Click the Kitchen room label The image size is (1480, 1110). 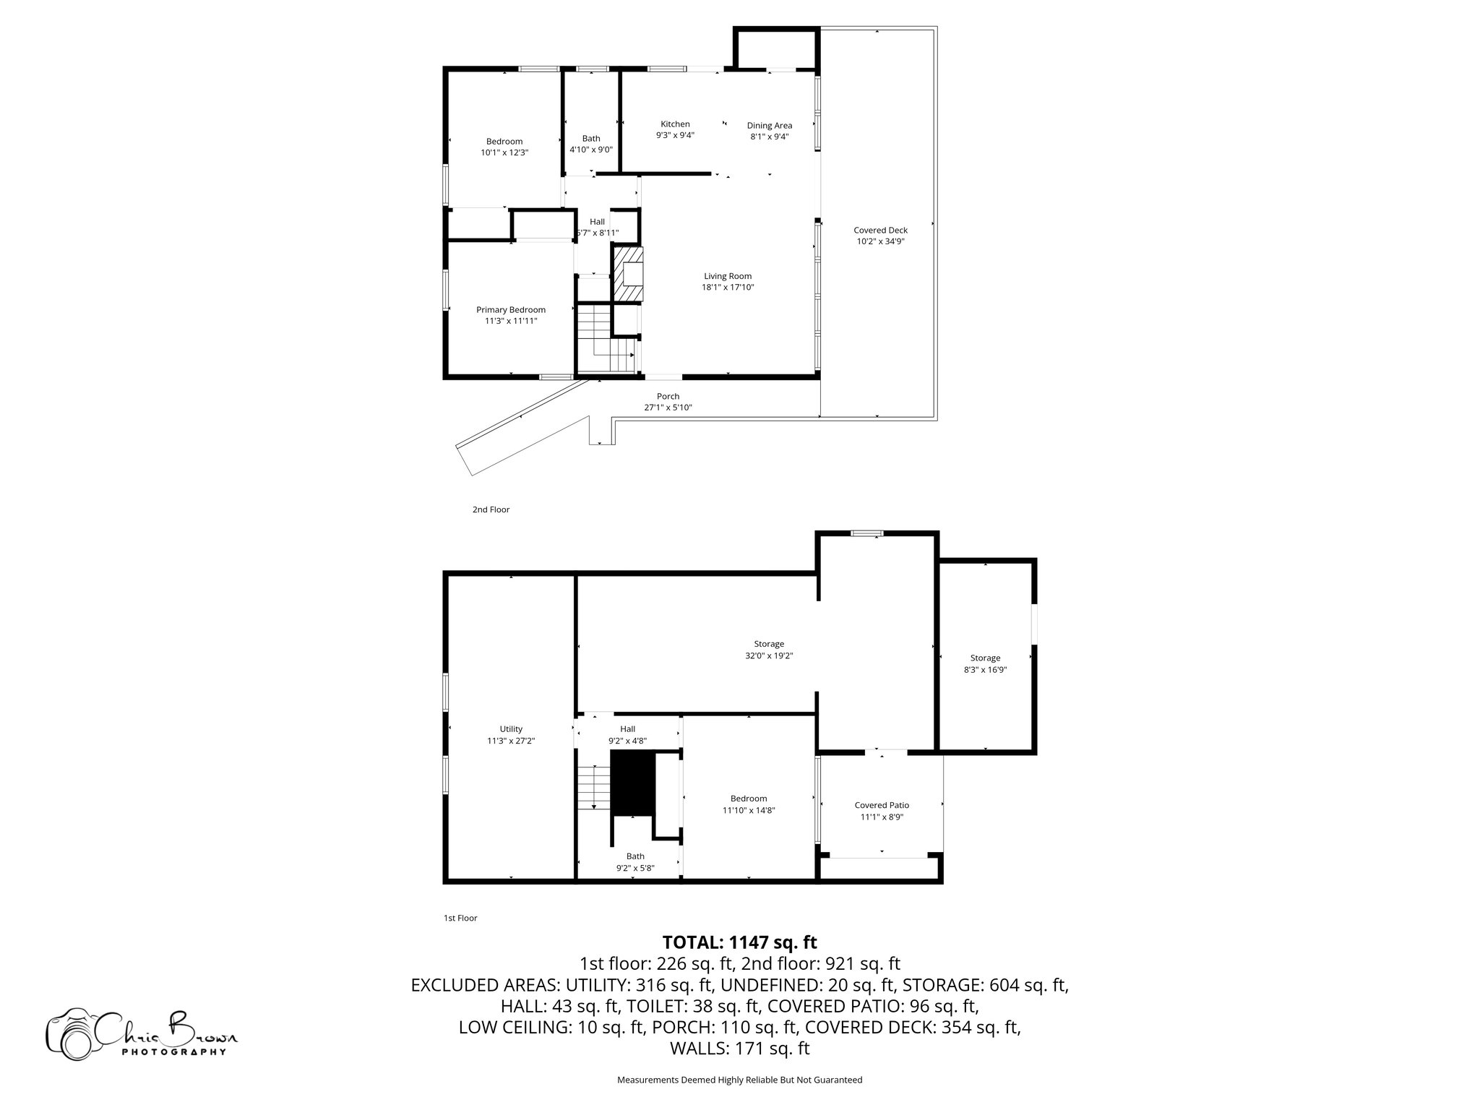tap(675, 124)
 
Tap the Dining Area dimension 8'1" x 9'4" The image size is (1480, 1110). tap(769, 136)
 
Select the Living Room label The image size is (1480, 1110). tap(728, 275)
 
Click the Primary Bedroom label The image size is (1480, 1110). tap(510, 309)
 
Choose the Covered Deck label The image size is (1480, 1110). tap(880, 230)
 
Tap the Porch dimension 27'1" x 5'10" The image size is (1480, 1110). tap(668, 408)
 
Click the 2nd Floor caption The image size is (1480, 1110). tap(491, 509)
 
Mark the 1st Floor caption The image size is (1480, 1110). tap(460, 918)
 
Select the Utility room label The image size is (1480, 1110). tap(510, 728)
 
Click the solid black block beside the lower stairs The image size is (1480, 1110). tap(632, 783)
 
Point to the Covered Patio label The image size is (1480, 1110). tap(882, 805)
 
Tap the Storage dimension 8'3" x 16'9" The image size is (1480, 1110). tap(985, 670)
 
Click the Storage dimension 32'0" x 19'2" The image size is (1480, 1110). tap(768, 655)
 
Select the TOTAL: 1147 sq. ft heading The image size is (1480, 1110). tap(739, 942)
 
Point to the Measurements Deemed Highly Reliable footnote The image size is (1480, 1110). tap(739, 1080)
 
